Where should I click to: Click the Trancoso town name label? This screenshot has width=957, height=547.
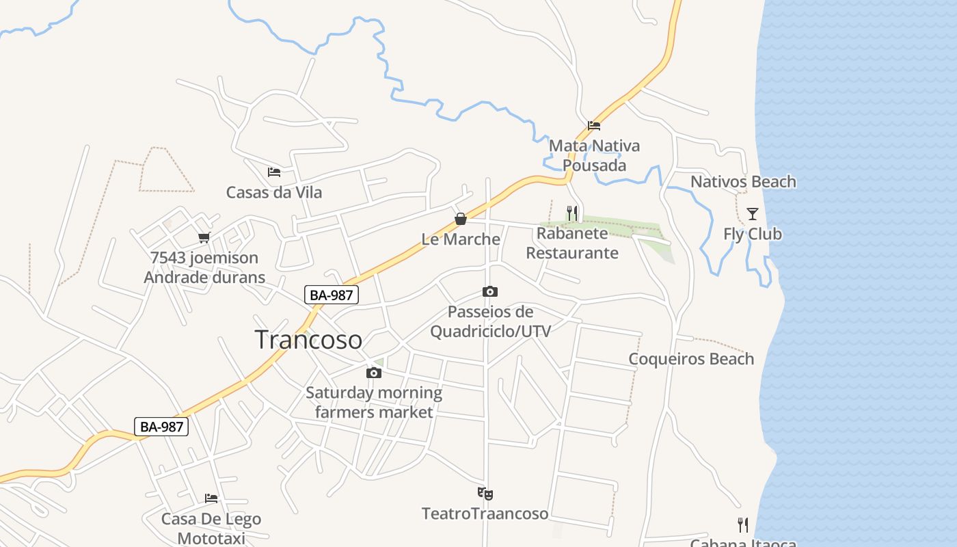(308, 340)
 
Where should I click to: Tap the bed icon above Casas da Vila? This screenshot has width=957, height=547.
(274, 172)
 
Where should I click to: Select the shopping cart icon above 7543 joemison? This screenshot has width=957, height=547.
(204, 238)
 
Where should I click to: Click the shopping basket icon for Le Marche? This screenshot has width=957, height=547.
(461, 219)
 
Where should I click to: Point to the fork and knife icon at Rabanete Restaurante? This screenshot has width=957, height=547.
(572, 213)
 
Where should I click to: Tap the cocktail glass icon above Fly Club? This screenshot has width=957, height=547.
(753, 214)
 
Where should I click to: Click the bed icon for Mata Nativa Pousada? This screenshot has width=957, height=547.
(594, 126)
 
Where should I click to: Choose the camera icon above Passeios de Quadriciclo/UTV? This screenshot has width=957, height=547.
(490, 292)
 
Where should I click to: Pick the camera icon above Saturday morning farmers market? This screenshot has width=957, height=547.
(373, 373)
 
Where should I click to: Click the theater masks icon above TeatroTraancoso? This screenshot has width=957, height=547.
(485, 494)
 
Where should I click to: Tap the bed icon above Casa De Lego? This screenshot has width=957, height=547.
(211, 498)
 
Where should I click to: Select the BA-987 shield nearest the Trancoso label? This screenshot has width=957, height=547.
(332, 295)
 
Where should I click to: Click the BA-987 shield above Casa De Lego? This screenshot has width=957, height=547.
(161, 427)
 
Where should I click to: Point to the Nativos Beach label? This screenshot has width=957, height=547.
(743, 182)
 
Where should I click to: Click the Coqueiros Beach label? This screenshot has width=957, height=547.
(691, 359)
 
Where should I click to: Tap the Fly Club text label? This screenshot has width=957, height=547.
(753, 234)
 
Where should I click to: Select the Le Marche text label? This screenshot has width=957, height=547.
(461, 239)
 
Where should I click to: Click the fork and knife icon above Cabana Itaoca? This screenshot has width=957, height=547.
(743, 525)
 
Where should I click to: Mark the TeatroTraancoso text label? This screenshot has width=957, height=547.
(485, 513)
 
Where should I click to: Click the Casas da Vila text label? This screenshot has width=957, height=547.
(274, 192)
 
